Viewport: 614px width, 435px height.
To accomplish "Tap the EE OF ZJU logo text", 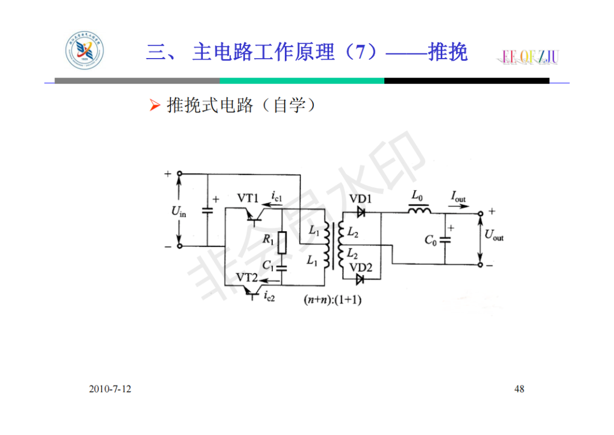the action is (x=530, y=56).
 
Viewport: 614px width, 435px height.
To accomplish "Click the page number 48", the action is (x=519, y=389).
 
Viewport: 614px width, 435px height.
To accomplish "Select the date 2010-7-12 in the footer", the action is (x=110, y=389).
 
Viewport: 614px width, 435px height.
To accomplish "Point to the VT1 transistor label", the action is (x=248, y=198).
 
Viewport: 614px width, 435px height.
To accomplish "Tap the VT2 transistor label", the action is (x=247, y=277).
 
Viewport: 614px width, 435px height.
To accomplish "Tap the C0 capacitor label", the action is (x=431, y=240).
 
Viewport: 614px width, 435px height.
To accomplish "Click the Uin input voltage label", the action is (x=179, y=211).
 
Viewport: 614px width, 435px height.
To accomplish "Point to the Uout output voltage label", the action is (x=493, y=234).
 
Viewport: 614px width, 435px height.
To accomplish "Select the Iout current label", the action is (x=458, y=197).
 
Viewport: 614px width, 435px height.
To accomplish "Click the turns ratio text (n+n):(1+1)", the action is (x=332, y=300).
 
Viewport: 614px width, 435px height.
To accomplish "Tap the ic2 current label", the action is (x=269, y=296).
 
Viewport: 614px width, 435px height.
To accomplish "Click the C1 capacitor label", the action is (x=268, y=264).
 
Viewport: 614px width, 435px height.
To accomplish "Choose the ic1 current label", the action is (x=276, y=197).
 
